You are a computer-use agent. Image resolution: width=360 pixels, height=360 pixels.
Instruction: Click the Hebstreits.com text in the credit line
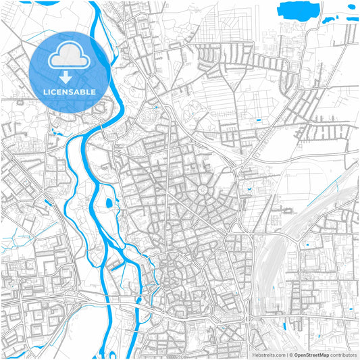[269, 355]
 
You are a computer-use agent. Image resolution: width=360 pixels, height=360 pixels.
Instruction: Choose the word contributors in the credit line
[344, 355]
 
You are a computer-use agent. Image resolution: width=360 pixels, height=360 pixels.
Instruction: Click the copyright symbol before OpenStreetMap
[290, 355]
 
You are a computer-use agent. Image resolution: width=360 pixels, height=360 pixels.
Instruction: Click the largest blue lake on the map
[298, 10]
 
